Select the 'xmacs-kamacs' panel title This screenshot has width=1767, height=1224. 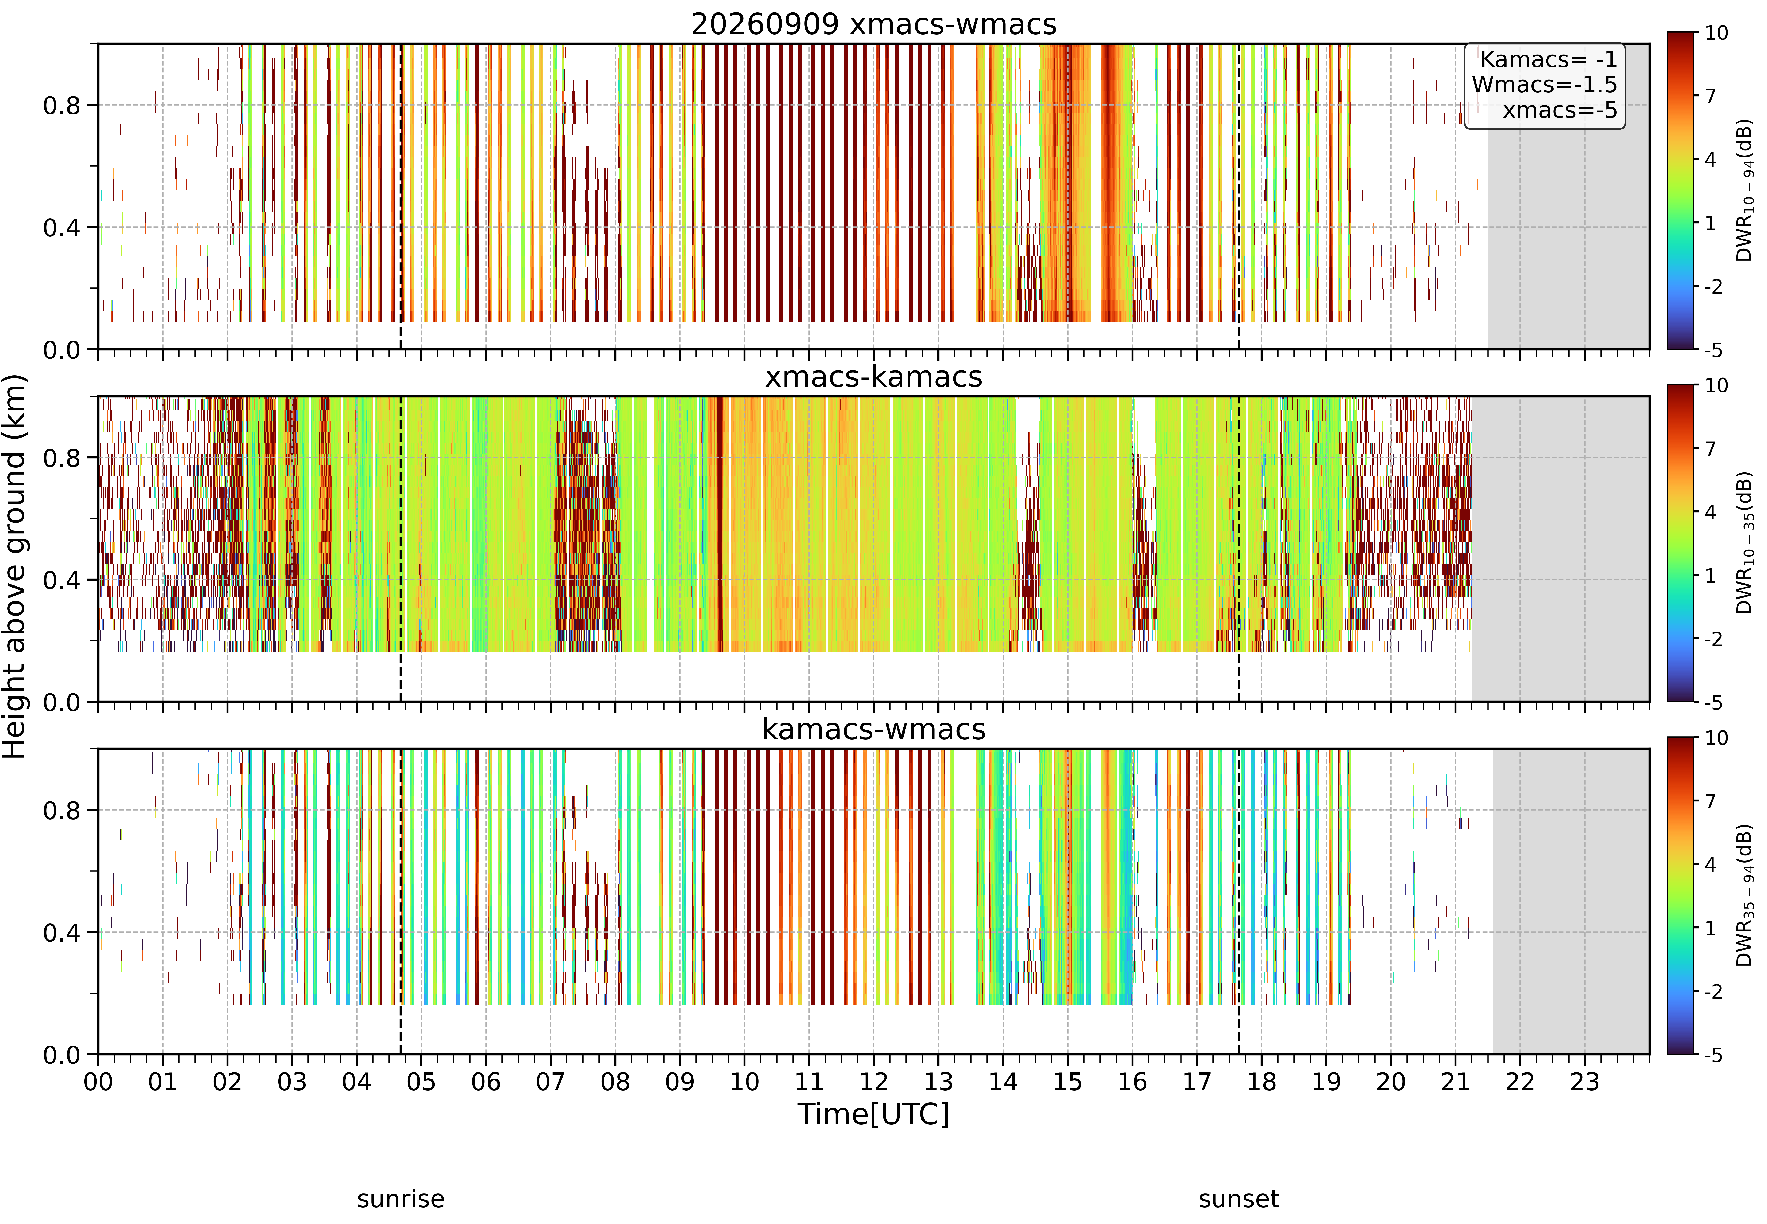coord(874,377)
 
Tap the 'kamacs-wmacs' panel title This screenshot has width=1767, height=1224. coord(874,729)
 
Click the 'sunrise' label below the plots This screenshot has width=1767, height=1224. coord(400,1199)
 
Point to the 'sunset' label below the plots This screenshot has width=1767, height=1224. coord(1239,1199)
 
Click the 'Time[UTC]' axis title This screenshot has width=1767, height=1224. coord(874,1114)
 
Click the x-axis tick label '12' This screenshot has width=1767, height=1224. coord(874,1082)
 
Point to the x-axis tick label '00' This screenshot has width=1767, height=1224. coord(98,1082)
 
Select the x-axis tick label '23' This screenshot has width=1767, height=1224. coord(1585,1082)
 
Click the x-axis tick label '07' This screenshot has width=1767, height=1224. coord(551,1082)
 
